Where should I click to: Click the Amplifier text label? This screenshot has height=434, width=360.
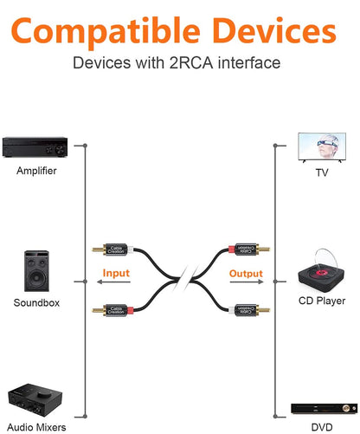[x=36, y=171]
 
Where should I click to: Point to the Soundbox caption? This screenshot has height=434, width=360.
[x=36, y=302]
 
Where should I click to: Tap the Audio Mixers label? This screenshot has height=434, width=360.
[x=36, y=426]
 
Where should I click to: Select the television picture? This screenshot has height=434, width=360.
[x=321, y=147]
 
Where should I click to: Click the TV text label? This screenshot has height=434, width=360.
[x=321, y=173]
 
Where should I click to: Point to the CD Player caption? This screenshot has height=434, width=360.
[x=321, y=301]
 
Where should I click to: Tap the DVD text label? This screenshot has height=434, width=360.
[x=321, y=427]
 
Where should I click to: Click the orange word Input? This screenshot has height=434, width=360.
[x=116, y=274]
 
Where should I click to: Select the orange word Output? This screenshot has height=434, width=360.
[x=245, y=274]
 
